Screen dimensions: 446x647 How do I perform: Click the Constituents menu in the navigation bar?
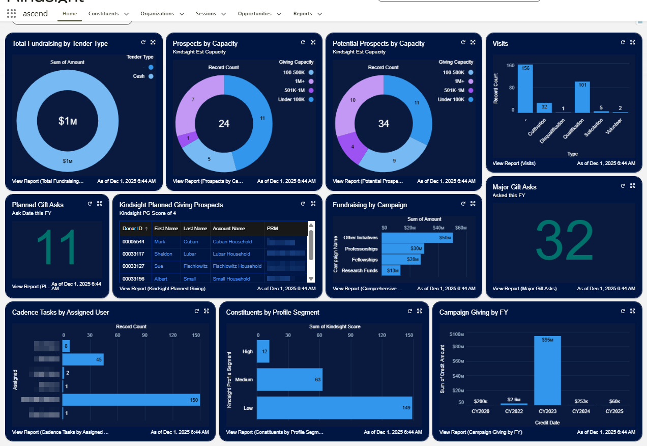(x=108, y=14)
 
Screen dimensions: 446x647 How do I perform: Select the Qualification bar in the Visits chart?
(x=582, y=97)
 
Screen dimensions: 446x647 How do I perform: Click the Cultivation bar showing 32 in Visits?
(x=544, y=107)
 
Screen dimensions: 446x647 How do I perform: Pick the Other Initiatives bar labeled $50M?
(x=417, y=238)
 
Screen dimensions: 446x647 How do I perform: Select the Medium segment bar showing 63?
(x=289, y=379)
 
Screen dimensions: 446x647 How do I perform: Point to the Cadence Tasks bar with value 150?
(x=131, y=400)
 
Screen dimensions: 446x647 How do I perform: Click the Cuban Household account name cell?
(x=232, y=242)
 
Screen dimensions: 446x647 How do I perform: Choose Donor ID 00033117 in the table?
(x=133, y=254)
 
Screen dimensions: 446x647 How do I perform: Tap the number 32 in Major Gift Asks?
(x=564, y=241)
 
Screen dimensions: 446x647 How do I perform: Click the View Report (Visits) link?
(x=514, y=163)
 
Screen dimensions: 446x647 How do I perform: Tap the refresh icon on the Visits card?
(x=623, y=43)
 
